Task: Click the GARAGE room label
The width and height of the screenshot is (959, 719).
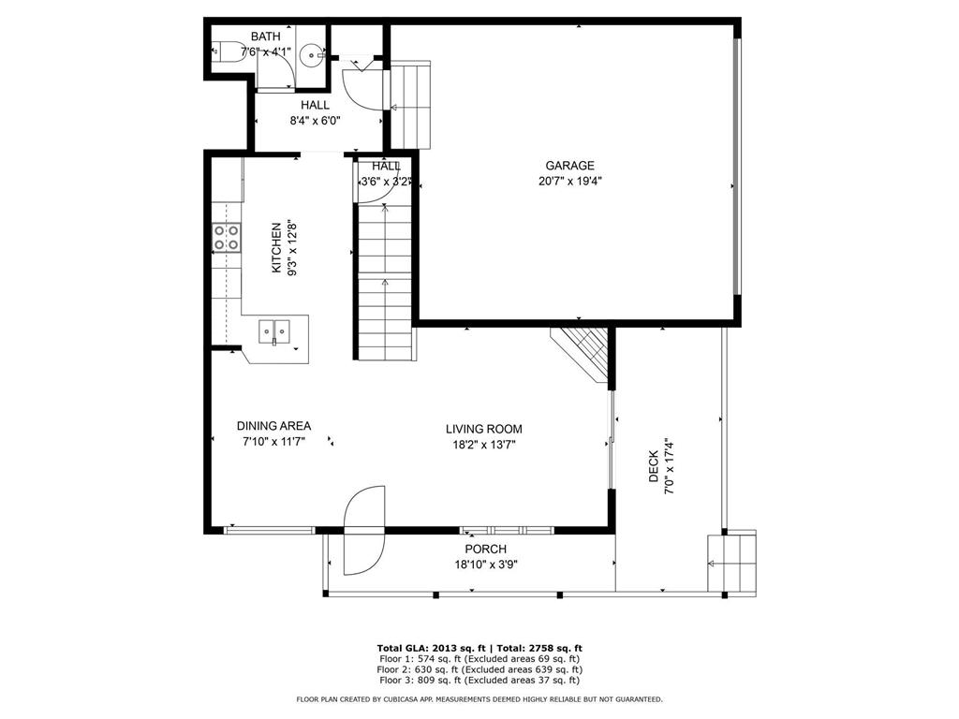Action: tap(569, 166)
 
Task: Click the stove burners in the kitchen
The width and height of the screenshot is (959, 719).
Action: tap(226, 237)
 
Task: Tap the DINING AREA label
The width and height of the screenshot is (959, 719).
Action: tap(273, 426)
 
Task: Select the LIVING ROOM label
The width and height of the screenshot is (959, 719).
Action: tap(484, 429)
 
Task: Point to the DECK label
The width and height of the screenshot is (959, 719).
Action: tap(654, 466)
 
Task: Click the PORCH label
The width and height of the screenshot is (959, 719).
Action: tap(486, 549)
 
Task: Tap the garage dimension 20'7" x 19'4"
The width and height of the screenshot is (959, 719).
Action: tap(570, 181)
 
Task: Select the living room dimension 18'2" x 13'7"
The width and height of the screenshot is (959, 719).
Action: tap(484, 445)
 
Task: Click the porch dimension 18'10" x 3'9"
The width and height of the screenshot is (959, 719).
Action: tap(486, 565)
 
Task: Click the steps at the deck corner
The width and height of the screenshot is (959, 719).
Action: tap(732, 563)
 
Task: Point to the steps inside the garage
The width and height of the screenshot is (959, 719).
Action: tap(410, 105)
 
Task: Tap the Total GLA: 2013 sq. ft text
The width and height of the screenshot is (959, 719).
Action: tap(431, 648)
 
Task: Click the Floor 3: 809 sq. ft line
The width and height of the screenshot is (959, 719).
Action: tap(479, 680)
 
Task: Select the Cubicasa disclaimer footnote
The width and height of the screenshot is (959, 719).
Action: tap(479, 698)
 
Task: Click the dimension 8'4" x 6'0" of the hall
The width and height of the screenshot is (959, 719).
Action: tap(315, 121)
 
